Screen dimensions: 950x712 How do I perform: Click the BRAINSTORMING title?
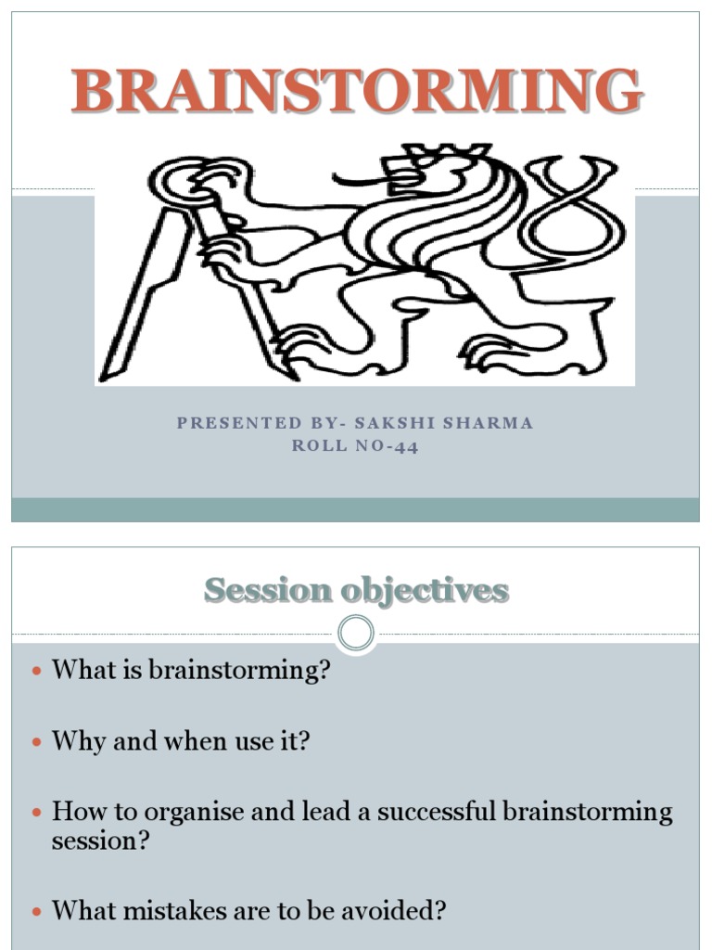357,92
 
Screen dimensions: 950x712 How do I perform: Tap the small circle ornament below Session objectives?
356,635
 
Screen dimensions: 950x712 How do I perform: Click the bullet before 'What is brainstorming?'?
37,671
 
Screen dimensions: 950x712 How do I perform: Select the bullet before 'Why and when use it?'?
37,742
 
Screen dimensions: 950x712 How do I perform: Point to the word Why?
74,741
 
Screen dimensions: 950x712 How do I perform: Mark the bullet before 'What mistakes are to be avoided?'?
37,912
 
